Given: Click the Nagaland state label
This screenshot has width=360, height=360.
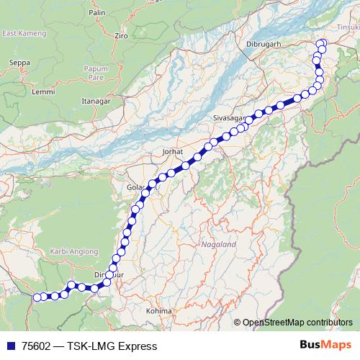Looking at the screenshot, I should pos(219,245).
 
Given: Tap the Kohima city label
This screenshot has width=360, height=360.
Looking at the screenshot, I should pos(159,310).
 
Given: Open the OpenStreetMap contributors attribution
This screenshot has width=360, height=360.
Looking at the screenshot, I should pos(297,323).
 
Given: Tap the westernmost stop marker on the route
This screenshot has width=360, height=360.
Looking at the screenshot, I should pos(37,296).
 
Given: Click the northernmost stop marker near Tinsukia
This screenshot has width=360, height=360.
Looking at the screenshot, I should pos(322,43).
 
